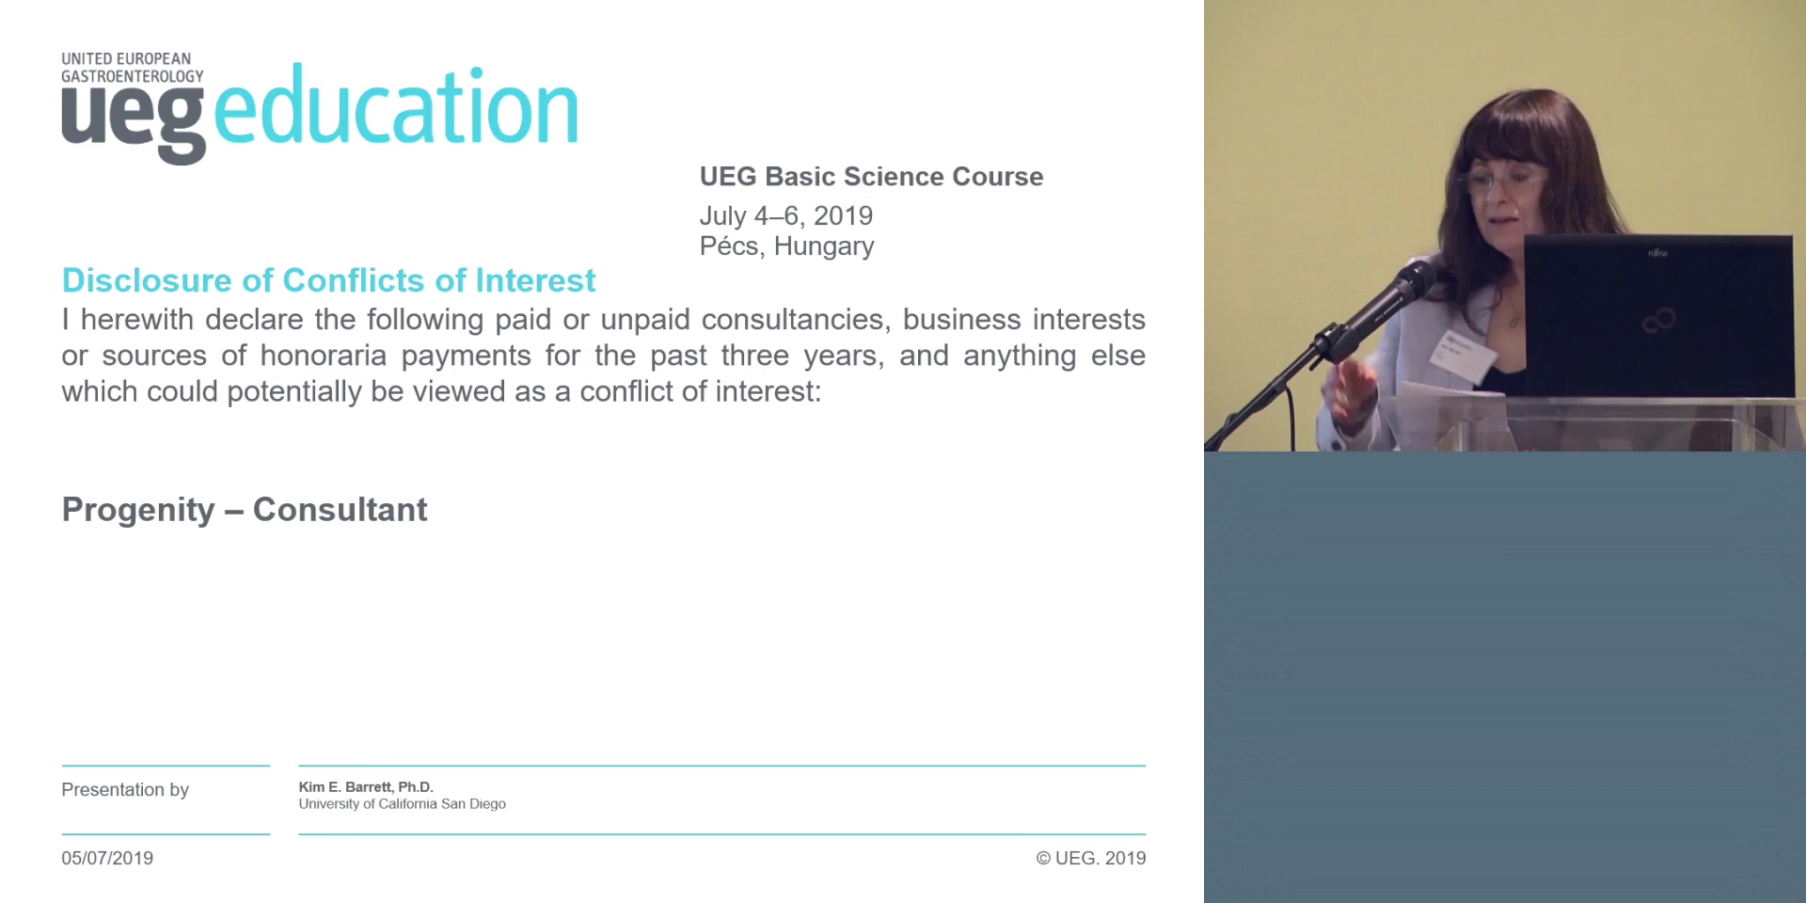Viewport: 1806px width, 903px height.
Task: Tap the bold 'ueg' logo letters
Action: coord(133,123)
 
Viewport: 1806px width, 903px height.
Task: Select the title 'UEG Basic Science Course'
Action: coord(871,177)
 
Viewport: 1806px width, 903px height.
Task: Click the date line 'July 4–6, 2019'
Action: coord(786,215)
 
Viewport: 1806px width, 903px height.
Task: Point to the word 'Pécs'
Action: coord(732,246)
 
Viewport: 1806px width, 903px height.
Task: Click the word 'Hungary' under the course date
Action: coord(824,247)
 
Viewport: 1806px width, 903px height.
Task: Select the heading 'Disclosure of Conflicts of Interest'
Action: coord(328,280)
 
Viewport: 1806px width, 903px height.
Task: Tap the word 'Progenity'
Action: coord(138,510)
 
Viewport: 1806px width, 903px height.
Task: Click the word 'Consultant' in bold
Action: coord(340,509)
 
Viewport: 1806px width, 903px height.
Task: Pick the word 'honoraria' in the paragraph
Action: coord(323,356)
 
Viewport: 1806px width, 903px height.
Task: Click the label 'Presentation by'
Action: coord(125,790)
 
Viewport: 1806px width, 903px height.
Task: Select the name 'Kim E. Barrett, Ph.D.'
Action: coord(366,787)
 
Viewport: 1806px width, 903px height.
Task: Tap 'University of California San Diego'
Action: coord(402,804)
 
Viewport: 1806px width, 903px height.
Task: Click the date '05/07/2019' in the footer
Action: coord(107,858)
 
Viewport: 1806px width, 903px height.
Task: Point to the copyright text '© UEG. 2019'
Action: coord(1091,858)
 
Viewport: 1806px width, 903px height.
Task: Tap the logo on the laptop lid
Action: coord(1658,321)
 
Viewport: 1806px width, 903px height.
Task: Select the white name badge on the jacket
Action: coord(1463,353)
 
